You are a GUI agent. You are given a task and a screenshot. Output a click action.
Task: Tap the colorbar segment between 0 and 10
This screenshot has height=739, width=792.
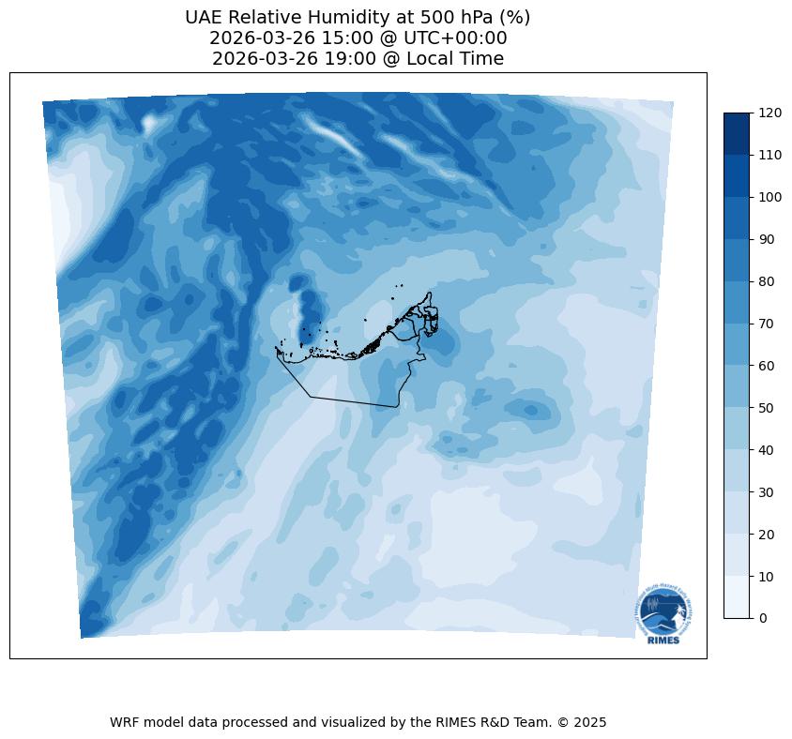coord(737,597)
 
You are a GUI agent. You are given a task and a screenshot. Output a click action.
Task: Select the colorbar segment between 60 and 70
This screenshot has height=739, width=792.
coord(737,344)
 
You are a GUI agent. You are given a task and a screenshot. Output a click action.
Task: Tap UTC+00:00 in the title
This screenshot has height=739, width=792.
coord(454,38)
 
